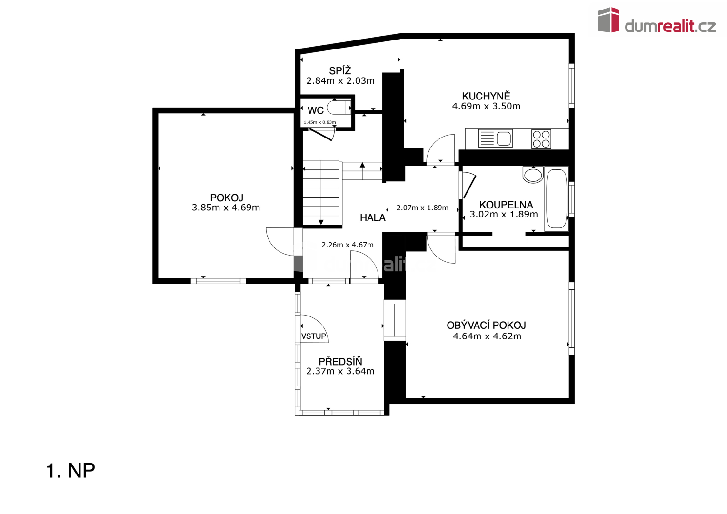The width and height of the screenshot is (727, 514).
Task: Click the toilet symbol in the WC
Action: point(339,108)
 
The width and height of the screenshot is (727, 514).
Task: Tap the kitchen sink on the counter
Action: point(495,138)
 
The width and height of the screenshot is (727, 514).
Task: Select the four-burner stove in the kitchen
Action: point(541,139)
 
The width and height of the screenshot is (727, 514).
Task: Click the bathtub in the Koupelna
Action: point(556,198)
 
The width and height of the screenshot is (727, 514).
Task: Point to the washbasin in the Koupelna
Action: point(533,175)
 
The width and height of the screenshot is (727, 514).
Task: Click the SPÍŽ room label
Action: point(340,71)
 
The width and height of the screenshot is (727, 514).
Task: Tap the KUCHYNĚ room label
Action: point(486,96)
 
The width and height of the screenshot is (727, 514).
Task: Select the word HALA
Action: point(373,218)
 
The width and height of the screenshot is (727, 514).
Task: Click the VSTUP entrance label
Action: point(314,336)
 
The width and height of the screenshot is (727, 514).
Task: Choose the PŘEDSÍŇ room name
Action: point(340,361)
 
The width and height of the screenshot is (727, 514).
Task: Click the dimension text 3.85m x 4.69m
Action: point(226,208)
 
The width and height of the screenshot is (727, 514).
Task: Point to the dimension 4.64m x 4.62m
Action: point(487,336)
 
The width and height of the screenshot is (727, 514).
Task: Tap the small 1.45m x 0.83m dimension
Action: point(319,122)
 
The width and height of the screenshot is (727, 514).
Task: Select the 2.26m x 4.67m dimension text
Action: point(347,245)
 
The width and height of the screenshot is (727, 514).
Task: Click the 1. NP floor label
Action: point(70,471)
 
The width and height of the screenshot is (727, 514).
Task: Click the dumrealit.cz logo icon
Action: point(608,20)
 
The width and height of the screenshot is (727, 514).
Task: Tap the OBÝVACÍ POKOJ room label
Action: point(486,326)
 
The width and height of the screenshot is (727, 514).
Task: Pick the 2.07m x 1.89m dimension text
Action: point(422,208)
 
